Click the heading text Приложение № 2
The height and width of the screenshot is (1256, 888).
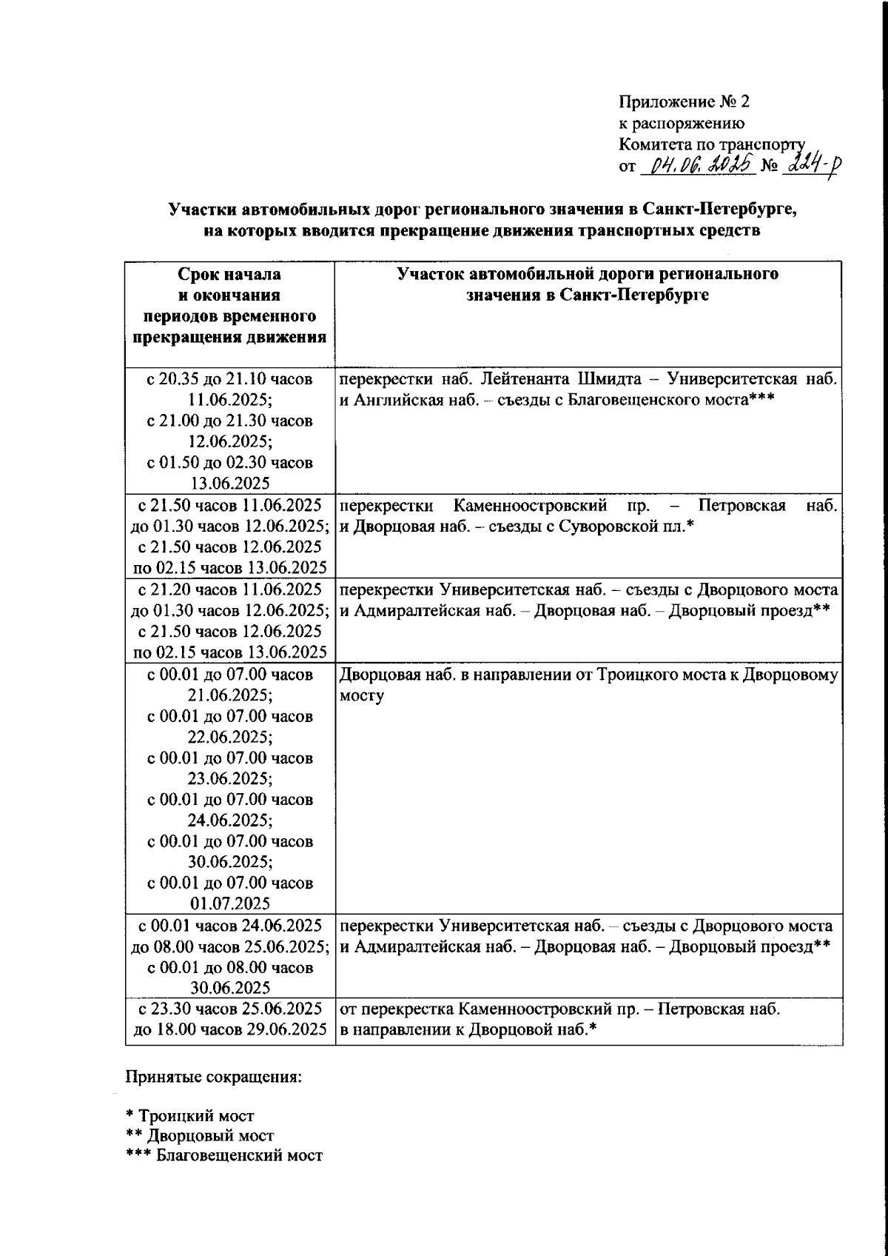point(684,101)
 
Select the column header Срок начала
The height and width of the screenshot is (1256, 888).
point(229,274)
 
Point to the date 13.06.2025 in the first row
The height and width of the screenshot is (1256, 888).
point(229,484)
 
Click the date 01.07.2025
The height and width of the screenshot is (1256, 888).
point(229,903)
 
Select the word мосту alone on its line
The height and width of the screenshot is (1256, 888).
point(362,696)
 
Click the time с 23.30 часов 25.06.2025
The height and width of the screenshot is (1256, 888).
point(229,1008)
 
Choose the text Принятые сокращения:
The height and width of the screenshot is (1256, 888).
point(214,1075)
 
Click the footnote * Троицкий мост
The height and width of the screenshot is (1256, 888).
point(190,1115)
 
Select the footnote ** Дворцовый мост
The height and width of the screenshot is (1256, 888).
point(200,1135)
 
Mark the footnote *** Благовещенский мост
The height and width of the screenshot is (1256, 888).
point(224,1155)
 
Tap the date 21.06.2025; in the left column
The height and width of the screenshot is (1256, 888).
point(229,696)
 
